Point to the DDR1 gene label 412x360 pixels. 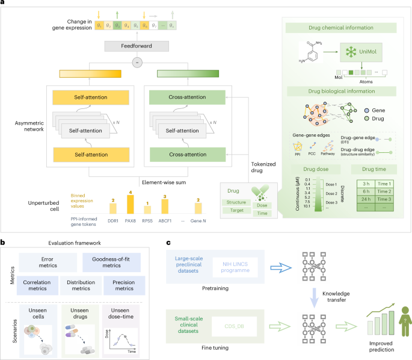tap(111, 220)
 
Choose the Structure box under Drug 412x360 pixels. tap(236, 202)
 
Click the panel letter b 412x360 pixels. tap(4, 243)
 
